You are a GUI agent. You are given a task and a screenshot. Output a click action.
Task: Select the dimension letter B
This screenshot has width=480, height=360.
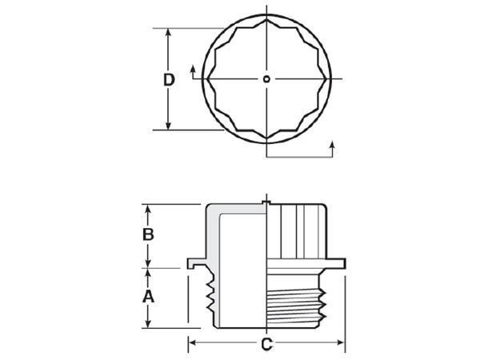pos(147,235)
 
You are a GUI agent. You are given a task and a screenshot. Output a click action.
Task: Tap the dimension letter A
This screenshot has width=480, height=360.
pos(147,297)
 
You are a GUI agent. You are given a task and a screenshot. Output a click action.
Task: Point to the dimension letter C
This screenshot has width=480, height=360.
pos(266,345)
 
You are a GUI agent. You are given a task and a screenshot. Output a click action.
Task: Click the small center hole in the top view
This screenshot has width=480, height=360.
pos(266,78)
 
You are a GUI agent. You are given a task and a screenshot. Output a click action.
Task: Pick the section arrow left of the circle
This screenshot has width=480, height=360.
pos(194,71)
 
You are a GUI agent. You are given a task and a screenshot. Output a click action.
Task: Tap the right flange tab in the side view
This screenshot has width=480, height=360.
pos(338,262)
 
